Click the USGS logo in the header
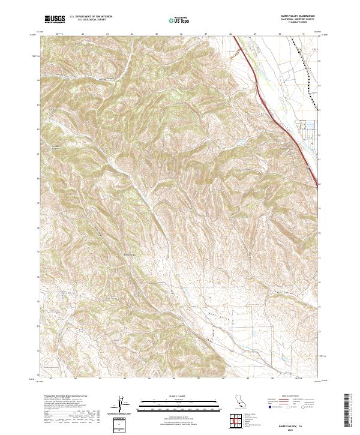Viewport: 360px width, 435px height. click(55, 19)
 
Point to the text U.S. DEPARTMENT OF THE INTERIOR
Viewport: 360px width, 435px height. click(91, 17)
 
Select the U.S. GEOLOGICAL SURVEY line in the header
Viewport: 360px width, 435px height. click(91, 20)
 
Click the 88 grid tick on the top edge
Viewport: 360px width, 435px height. click(230, 34)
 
